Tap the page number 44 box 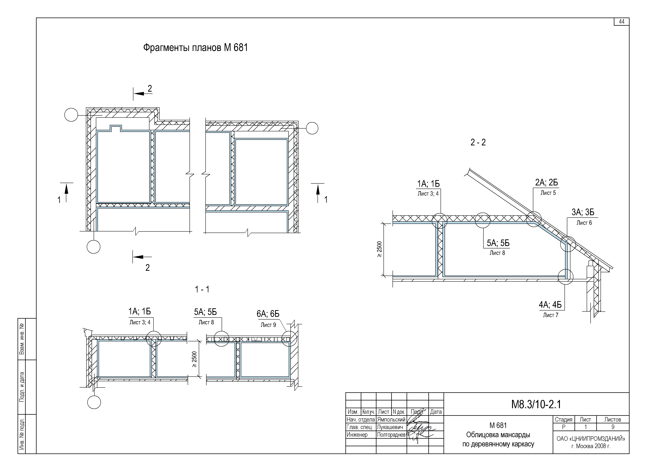(x=622, y=22)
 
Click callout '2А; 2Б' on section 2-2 (x=547, y=182)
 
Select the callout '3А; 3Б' (x=583, y=212)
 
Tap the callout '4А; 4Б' (x=550, y=305)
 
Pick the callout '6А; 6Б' (x=268, y=314)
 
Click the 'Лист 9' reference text (x=268, y=325)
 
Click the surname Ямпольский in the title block (x=391, y=420)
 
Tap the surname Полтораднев (x=391, y=435)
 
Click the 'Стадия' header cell (x=564, y=419)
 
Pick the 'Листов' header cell (x=613, y=419)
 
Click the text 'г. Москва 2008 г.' (x=591, y=446)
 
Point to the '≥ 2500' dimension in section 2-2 (x=380, y=249)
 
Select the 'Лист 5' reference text (x=548, y=193)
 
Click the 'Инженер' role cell (x=357, y=435)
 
